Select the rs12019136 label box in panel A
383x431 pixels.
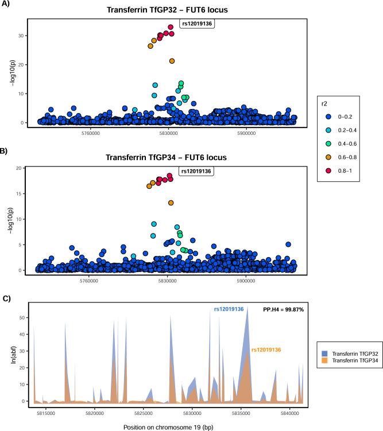[199, 24]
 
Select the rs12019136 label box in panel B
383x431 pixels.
[198, 171]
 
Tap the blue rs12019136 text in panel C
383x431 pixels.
[229, 309]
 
